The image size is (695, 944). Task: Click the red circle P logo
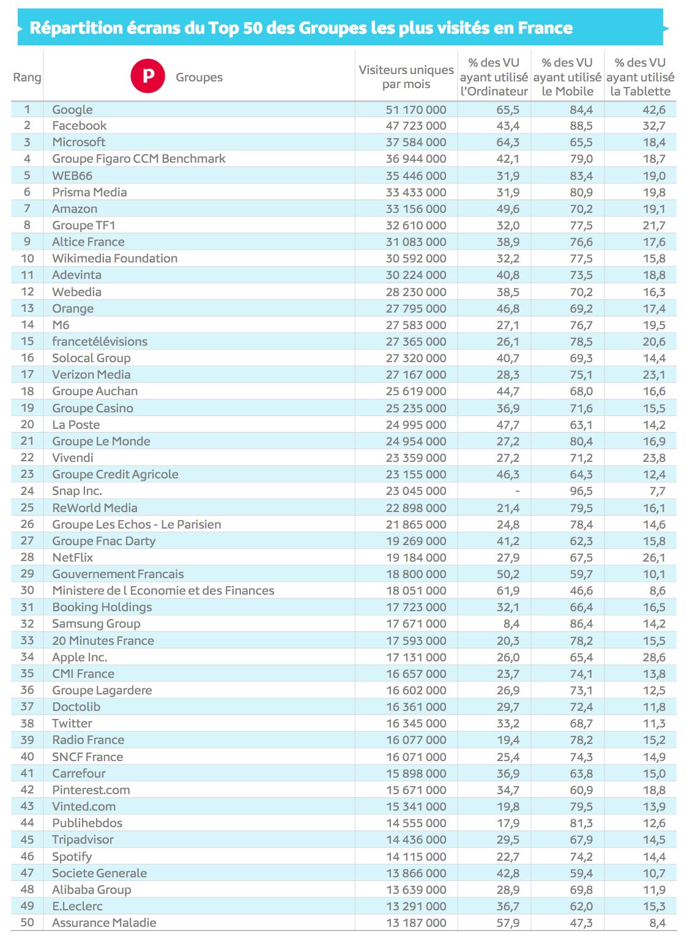(x=148, y=76)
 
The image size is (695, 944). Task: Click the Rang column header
(x=27, y=77)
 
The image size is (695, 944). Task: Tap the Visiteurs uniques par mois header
(x=406, y=77)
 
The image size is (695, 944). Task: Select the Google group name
(x=72, y=110)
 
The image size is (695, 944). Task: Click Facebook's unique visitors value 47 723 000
(x=416, y=126)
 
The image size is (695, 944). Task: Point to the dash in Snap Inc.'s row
(x=518, y=491)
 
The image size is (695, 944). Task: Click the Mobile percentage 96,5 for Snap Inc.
(x=581, y=491)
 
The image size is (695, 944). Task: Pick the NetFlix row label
(x=73, y=557)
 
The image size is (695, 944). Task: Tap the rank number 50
(x=27, y=923)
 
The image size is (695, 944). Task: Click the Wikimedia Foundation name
(x=114, y=259)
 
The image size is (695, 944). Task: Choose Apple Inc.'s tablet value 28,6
(x=654, y=657)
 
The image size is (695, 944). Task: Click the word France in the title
(x=545, y=28)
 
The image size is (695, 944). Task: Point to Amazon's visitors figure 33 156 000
(x=416, y=209)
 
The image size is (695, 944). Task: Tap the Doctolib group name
(x=76, y=707)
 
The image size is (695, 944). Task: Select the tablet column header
(x=640, y=77)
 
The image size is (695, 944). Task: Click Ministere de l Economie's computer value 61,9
(x=508, y=590)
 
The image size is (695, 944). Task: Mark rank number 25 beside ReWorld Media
(x=27, y=508)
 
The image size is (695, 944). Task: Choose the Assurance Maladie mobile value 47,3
(x=581, y=923)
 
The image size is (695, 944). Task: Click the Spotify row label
(x=72, y=857)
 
